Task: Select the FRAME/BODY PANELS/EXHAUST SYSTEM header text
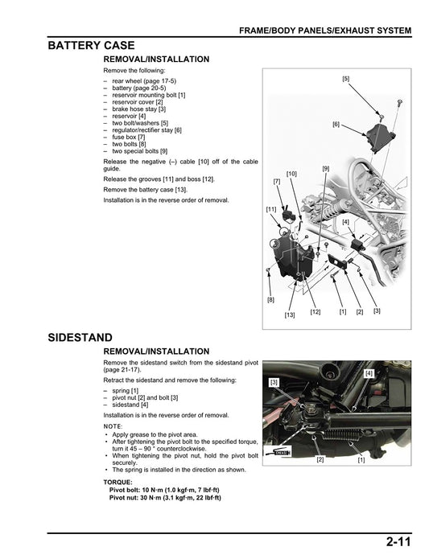(x=325, y=31)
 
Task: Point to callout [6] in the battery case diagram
(x=336, y=125)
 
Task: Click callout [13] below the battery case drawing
(x=289, y=315)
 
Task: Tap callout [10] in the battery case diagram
(x=291, y=174)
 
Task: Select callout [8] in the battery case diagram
(x=270, y=299)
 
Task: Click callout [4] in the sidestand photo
(x=369, y=373)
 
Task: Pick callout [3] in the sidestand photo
(x=274, y=381)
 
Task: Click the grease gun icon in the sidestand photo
(x=281, y=453)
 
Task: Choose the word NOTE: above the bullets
(x=113, y=425)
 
